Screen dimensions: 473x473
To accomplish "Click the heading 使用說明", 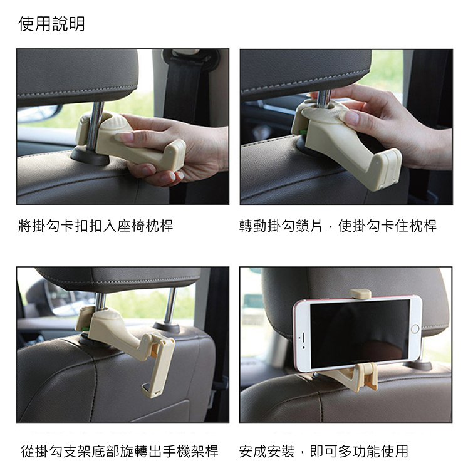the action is pyautogui.click(x=51, y=24).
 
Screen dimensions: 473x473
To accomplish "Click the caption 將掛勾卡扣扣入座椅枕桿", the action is pyautogui.click(x=96, y=226).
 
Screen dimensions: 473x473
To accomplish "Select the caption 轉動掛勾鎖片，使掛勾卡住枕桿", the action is pyautogui.click(x=338, y=226).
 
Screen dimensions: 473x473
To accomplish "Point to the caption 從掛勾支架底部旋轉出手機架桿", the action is pyautogui.click(x=120, y=451).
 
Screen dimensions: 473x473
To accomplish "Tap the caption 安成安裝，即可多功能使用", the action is pyautogui.click(x=324, y=451).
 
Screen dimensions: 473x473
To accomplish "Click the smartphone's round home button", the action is pyautogui.click(x=415, y=328).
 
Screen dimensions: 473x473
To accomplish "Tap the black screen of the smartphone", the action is pyautogui.click(x=360, y=334).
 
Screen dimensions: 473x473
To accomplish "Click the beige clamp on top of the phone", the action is pyautogui.click(x=360, y=294).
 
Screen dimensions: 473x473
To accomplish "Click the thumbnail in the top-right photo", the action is pyautogui.click(x=351, y=117).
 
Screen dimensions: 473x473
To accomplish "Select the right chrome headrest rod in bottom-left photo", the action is pyautogui.click(x=170, y=305).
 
